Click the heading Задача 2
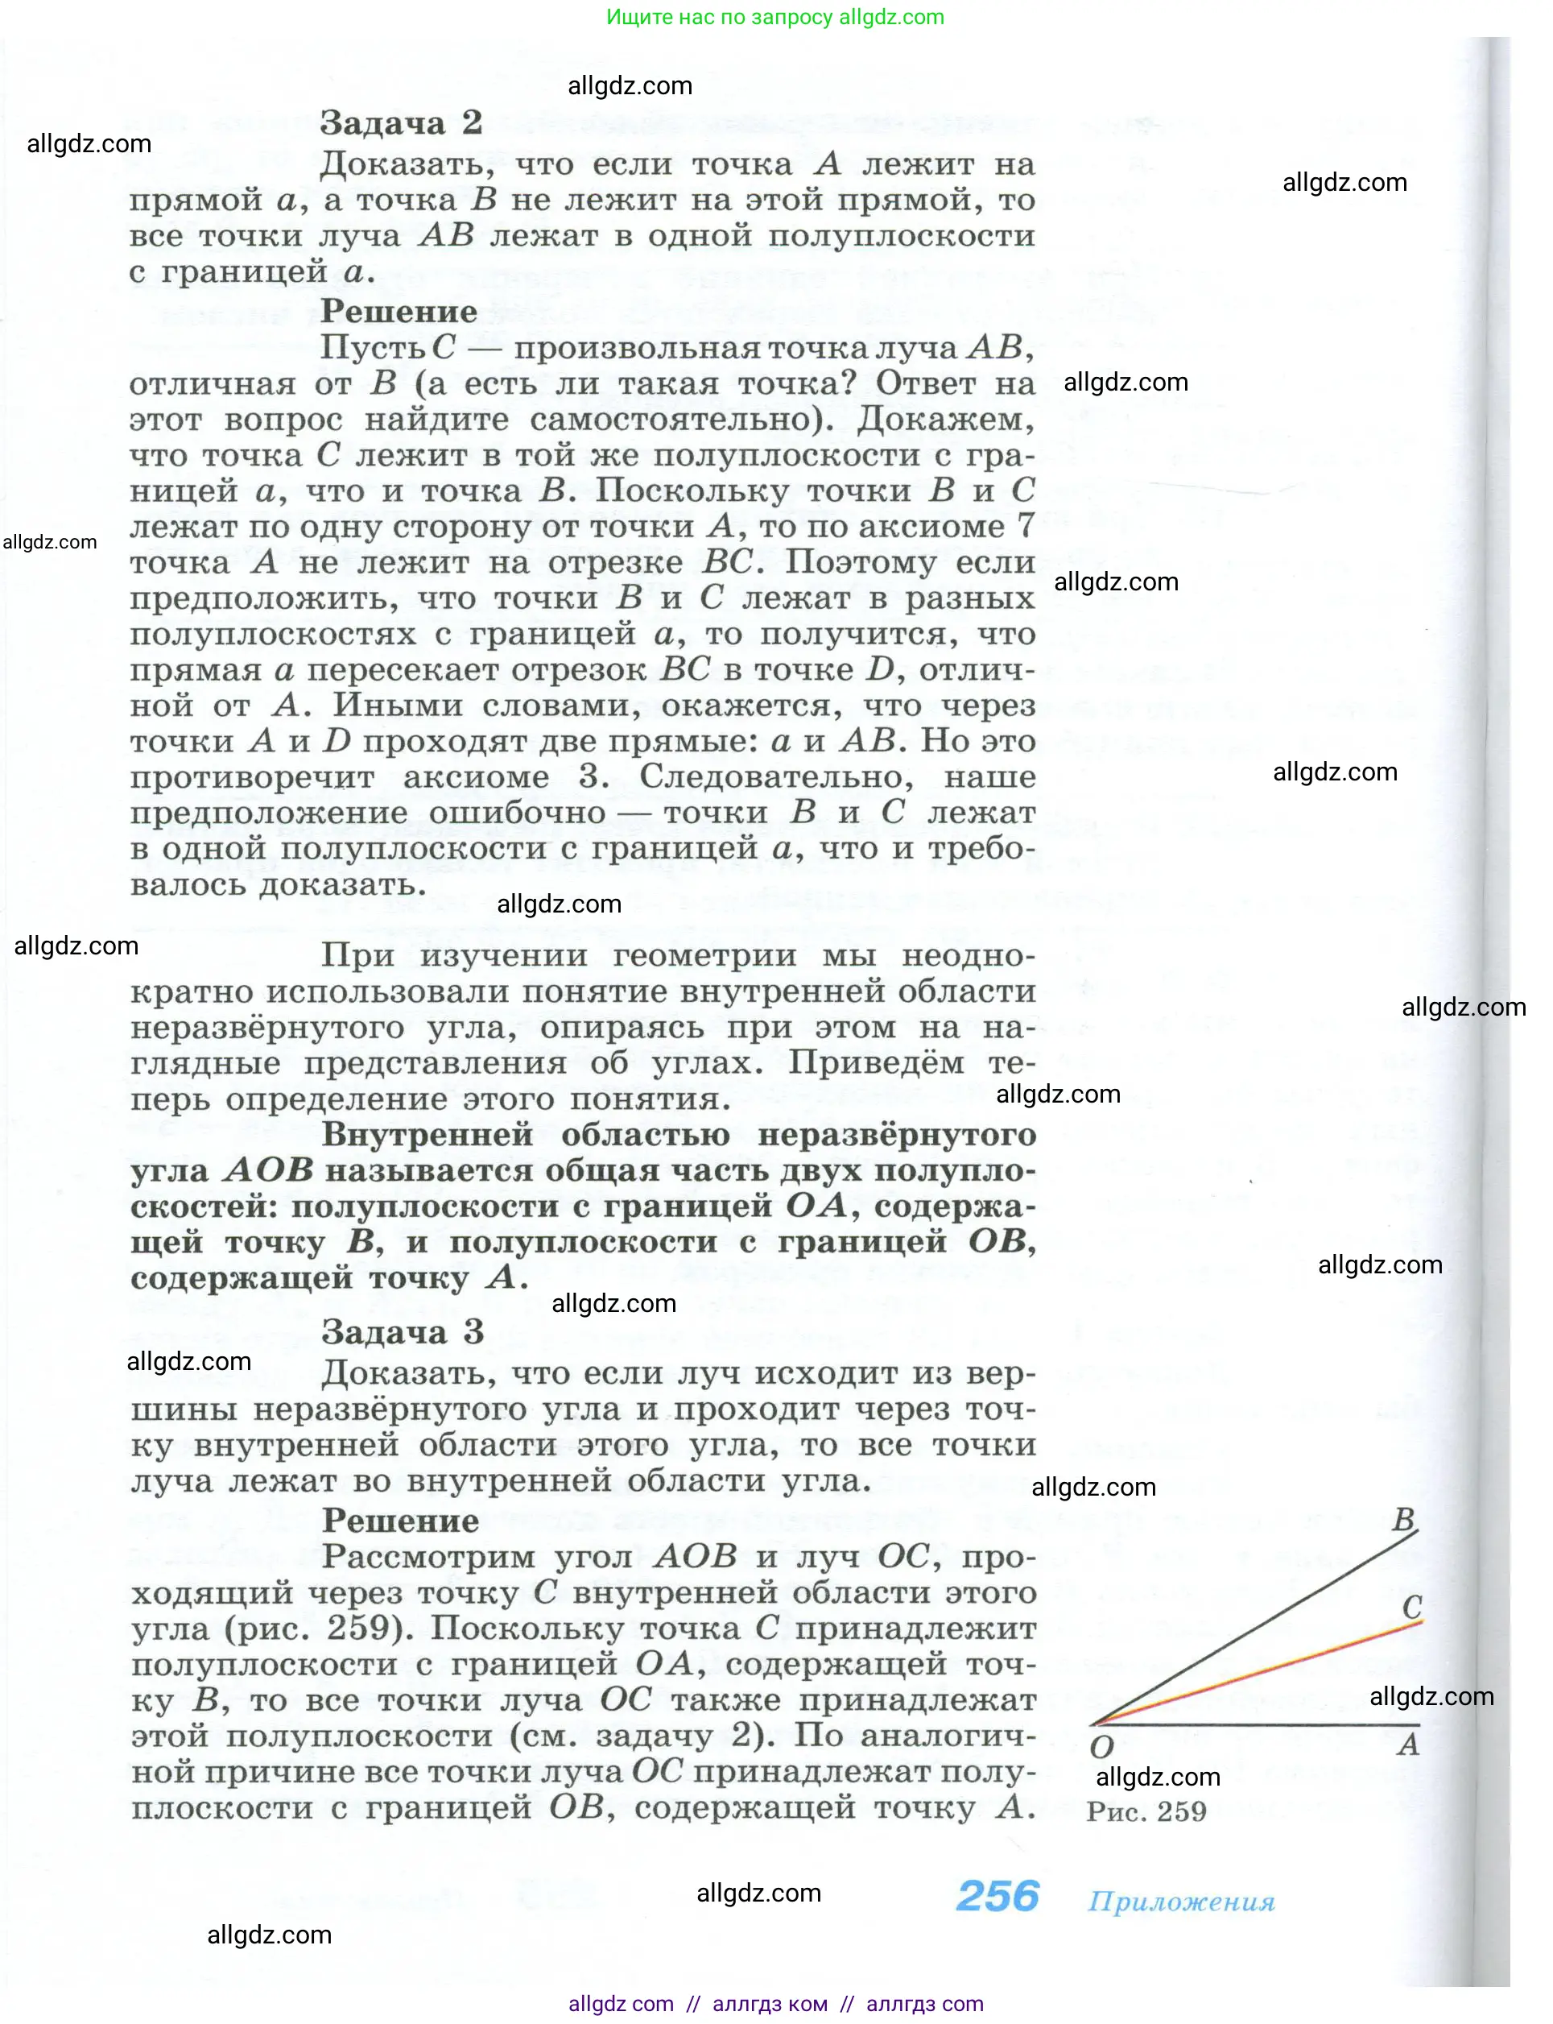(x=400, y=123)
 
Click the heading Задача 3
(x=402, y=1332)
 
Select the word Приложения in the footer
(x=1180, y=1901)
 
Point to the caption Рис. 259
(x=1146, y=1811)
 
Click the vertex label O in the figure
(x=1101, y=1747)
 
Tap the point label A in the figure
(x=1408, y=1744)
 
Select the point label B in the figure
(x=1403, y=1519)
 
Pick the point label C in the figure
(x=1411, y=1607)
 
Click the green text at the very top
(x=774, y=17)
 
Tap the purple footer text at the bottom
(x=775, y=2004)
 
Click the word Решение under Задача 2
(x=399, y=312)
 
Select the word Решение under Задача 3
(x=400, y=1521)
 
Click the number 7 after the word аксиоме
(x=1025, y=526)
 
